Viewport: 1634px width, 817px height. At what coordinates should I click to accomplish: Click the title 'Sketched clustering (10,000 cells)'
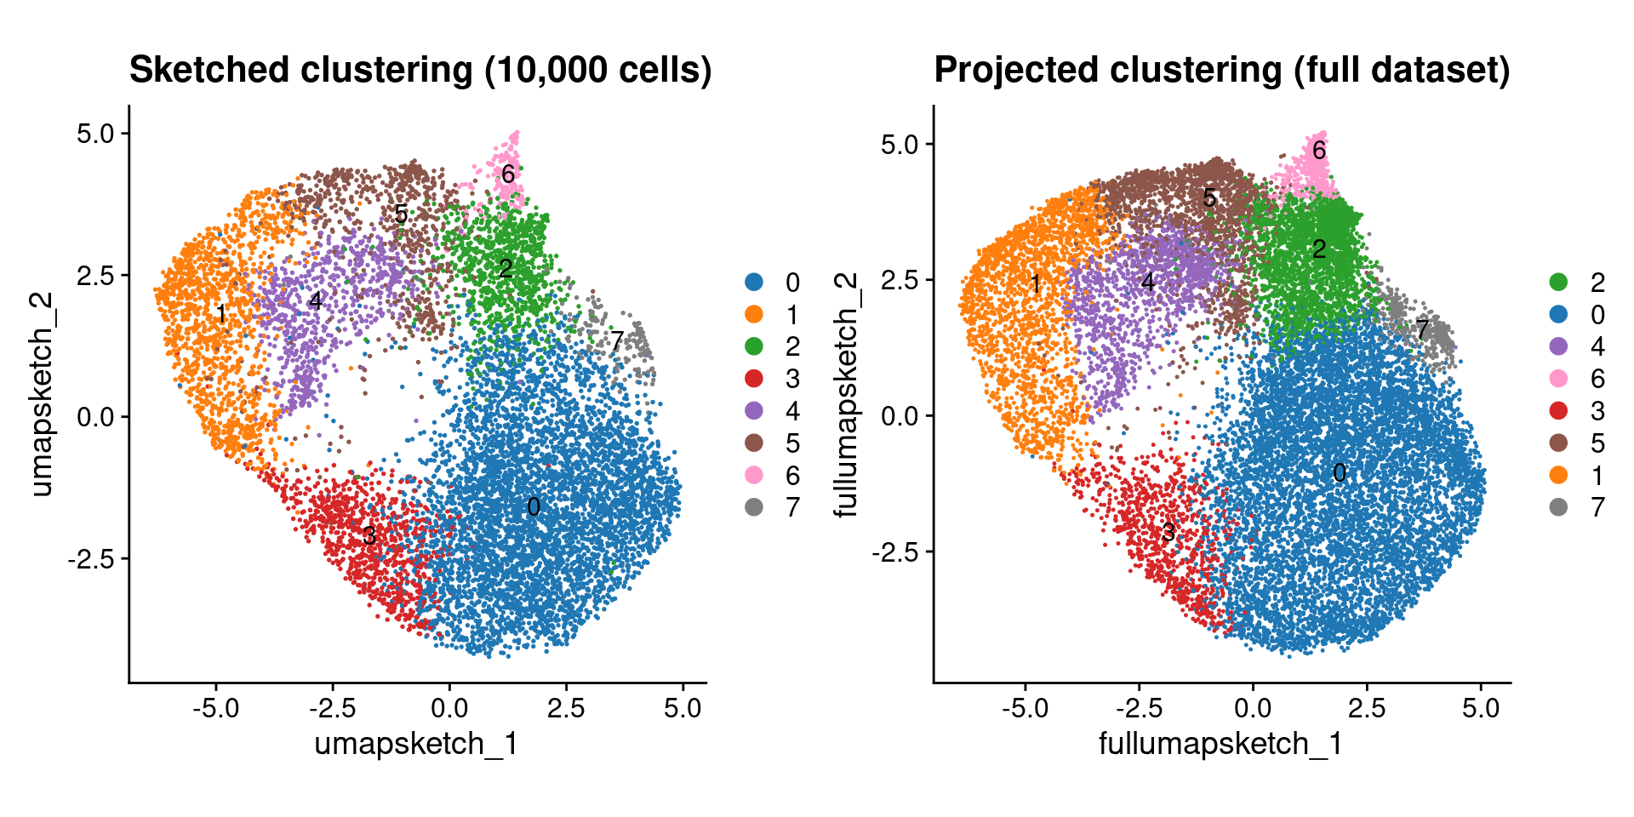click(x=420, y=70)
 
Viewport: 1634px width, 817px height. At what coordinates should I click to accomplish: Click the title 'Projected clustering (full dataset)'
click(x=1222, y=70)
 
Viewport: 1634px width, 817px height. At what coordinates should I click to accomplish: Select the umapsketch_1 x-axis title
click(x=416, y=744)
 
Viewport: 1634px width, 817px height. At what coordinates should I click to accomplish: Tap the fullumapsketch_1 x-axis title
click(x=1220, y=744)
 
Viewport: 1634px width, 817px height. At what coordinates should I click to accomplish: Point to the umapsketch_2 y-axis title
click(x=41, y=394)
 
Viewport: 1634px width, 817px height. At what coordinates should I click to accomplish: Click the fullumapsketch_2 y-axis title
click(x=845, y=394)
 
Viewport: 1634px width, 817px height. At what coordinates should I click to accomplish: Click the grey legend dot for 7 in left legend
click(x=754, y=507)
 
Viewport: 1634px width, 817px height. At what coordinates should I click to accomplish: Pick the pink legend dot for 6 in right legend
click(x=1558, y=379)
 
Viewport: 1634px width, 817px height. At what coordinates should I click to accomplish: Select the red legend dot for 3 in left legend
click(x=754, y=379)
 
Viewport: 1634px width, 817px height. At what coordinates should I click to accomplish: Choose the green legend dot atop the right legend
click(x=1558, y=282)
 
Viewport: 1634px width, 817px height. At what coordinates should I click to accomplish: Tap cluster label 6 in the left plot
click(x=507, y=174)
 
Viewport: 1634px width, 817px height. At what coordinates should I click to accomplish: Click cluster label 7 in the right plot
click(x=1422, y=329)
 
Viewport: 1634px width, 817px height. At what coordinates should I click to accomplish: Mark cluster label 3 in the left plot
click(x=369, y=535)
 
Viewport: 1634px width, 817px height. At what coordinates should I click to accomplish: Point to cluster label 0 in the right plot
click(x=1340, y=473)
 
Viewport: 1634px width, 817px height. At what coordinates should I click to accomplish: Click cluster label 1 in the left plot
click(x=220, y=315)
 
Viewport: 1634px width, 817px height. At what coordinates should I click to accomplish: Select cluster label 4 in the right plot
click(x=1148, y=282)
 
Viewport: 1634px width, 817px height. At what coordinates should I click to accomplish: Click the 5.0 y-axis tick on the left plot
click(x=94, y=134)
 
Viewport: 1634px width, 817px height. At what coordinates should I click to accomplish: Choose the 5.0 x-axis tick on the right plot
click(x=1481, y=708)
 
